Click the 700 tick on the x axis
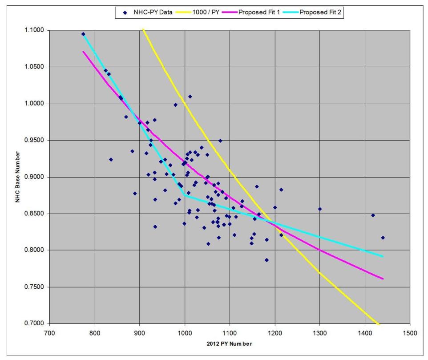(x=49, y=332)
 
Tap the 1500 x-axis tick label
(x=409, y=332)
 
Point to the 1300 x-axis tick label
(x=319, y=332)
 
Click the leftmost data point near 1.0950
(x=83, y=34)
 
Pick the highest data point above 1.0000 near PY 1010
(x=190, y=97)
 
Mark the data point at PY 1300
(x=319, y=209)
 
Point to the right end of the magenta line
(x=383, y=279)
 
